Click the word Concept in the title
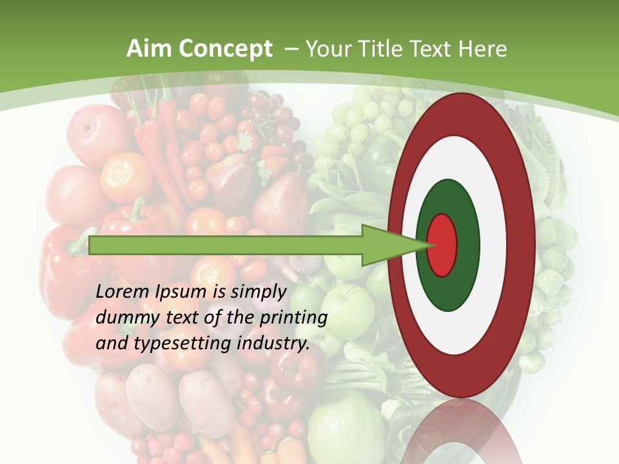point(226,50)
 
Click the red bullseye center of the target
point(442,244)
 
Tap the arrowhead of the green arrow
point(393,245)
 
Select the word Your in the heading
point(326,49)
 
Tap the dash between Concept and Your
point(291,50)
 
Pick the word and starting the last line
point(111,343)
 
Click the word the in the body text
point(241,318)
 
